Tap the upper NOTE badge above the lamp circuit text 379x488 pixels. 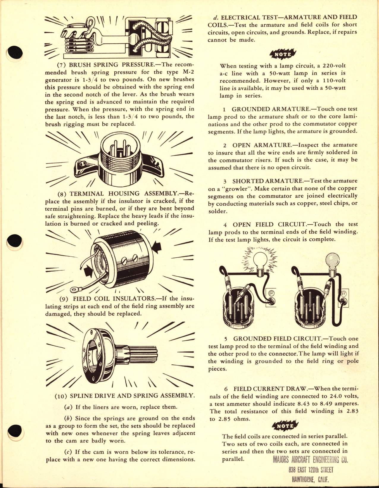(283, 54)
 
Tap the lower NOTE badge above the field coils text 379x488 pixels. (285, 426)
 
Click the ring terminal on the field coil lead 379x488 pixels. (74, 289)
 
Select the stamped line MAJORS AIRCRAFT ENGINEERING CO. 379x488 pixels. (310, 460)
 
